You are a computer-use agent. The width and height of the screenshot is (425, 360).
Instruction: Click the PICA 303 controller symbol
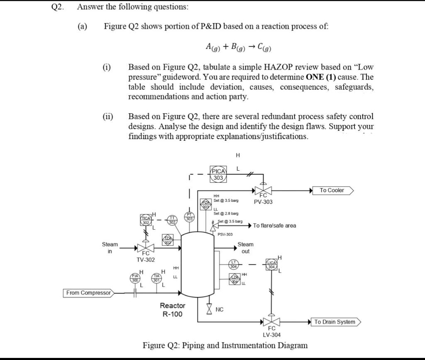click(218, 174)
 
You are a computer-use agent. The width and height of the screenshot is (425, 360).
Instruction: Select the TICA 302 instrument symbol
click(146, 220)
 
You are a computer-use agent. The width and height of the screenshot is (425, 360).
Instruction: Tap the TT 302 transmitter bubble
click(172, 220)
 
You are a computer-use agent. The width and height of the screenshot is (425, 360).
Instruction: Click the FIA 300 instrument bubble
click(135, 278)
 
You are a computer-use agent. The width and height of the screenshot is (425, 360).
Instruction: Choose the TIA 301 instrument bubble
click(156, 278)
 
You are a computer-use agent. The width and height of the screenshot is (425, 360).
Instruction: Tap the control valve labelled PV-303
click(263, 191)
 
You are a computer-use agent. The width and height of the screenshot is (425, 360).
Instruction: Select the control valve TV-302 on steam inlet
click(146, 248)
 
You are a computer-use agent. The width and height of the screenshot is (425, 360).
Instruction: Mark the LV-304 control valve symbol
click(271, 322)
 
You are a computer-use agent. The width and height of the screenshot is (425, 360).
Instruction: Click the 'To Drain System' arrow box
click(336, 322)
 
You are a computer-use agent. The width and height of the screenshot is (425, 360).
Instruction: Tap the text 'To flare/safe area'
click(274, 225)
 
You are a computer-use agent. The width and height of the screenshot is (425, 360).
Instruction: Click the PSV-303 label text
click(225, 235)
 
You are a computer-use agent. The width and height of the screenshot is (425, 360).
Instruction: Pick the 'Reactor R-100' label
click(173, 310)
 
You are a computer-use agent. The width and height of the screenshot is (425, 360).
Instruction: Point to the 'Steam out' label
click(245, 248)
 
